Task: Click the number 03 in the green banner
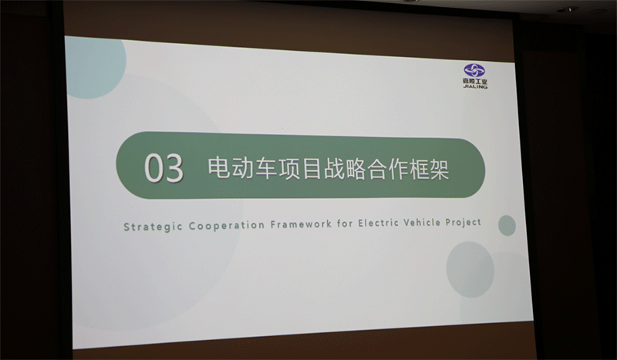[x=164, y=168]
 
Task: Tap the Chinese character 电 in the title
[x=219, y=167]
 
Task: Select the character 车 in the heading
[x=265, y=168]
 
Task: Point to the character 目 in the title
[x=312, y=168]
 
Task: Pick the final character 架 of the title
[x=438, y=170]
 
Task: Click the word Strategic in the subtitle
[x=153, y=227]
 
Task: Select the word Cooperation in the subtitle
[x=227, y=225]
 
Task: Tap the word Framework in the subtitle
[x=301, y=224]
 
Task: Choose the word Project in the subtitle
[x=464, y=222]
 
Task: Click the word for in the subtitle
[x=344, y=224]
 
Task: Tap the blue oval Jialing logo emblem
[x=474, y=70]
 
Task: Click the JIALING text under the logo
[x=475, y=86]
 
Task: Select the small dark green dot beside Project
[x=507, y=225]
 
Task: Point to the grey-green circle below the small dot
[x=470, y=270]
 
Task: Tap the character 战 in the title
[x=335, y=169]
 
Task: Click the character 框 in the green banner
[x=415, y=170]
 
